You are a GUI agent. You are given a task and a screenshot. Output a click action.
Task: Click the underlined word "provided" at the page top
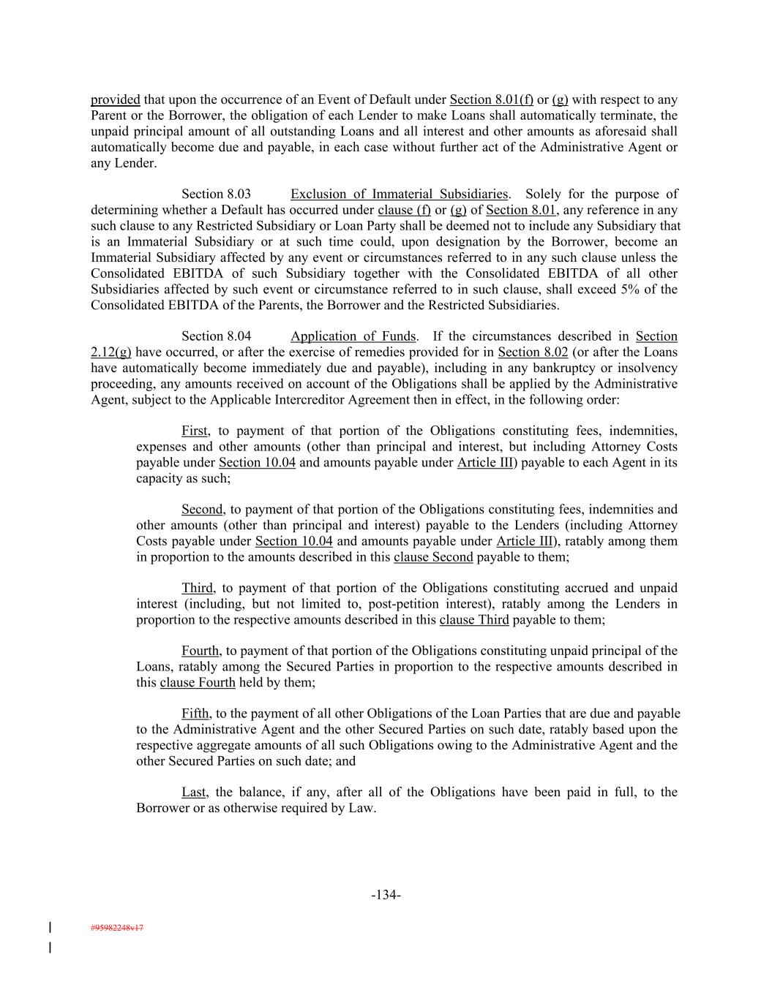[x=115, y=99]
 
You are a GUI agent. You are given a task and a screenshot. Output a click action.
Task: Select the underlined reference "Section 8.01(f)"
[x=491, y=99]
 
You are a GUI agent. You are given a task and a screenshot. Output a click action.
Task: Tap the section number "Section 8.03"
[x=216, y=194]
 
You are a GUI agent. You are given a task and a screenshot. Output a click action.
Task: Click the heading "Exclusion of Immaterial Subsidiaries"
[x=399, y=194]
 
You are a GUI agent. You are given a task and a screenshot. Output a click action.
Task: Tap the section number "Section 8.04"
[x=216, y=336]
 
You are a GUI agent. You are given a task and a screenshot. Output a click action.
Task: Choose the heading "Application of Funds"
[x=353, y=336]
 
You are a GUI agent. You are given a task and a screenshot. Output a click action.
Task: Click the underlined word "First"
[x=195, y=431]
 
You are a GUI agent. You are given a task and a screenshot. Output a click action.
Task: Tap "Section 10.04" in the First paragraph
[x=257, y=463]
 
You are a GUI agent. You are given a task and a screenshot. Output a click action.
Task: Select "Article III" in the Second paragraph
[x=524, y=541]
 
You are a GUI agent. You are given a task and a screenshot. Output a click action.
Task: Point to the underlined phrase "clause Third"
[x=473, y=620]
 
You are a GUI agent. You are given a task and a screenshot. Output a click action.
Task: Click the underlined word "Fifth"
[x=195, y=714]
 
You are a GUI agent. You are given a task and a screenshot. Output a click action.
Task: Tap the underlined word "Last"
[x=194, y=793]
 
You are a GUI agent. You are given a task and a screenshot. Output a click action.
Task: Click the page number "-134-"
[x=386, y=895]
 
